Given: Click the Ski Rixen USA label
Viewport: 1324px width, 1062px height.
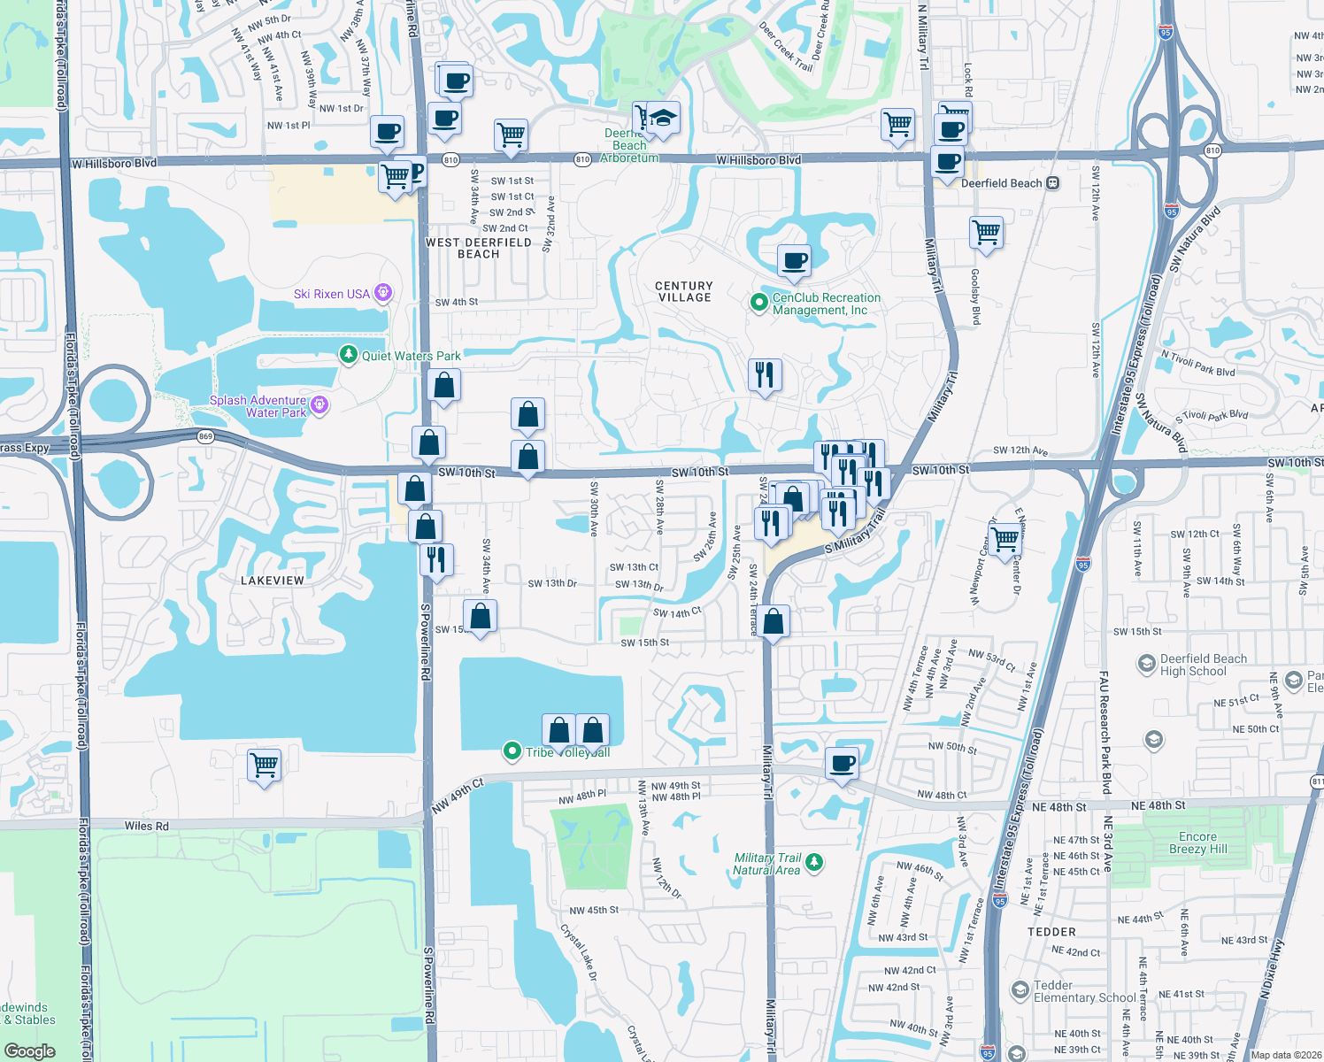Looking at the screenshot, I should pos(332,294).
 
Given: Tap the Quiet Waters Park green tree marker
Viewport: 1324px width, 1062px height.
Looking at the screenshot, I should pos(349,356).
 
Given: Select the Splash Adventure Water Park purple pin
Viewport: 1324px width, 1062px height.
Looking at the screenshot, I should pos(319,405).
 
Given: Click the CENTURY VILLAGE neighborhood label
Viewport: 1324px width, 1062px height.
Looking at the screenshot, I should pos(684,292).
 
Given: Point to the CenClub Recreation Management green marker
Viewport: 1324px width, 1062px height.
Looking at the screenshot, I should pos(758,303).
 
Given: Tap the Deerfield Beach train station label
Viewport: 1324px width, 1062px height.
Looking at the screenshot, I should pos(1002,183).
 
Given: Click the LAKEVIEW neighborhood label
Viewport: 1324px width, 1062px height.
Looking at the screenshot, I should pos(273,581).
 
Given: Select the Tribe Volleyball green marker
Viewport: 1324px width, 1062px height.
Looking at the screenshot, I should pos(512,751).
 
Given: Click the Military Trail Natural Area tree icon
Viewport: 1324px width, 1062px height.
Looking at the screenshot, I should pos(814,861).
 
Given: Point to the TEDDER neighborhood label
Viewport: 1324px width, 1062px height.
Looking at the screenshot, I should pos(1051,932).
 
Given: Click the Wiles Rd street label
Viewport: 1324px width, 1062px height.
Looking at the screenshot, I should pos(146,826).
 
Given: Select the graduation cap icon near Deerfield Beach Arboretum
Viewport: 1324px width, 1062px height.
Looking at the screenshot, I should pos(663,119).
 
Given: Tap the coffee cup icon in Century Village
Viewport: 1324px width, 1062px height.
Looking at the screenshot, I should pos(794,261).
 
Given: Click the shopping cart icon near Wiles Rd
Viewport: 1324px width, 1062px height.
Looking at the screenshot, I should pos(265,764).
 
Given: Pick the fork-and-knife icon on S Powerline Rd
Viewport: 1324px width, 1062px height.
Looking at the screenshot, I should pos(436,559).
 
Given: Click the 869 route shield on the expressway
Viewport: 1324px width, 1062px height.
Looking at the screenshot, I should pos(205,436).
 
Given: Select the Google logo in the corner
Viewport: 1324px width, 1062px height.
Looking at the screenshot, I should pos(29,1051).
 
